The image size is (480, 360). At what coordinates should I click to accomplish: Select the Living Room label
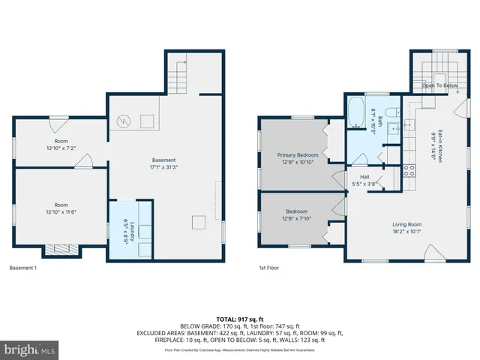(407, 224)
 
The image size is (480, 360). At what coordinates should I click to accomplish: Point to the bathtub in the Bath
(356, 113)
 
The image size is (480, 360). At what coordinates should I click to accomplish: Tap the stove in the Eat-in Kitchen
(409, 170)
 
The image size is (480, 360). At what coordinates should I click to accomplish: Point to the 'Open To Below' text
(439, 85)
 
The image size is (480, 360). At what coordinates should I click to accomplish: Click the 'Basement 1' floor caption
(23, 268)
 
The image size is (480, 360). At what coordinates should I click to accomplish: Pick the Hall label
(364, 177)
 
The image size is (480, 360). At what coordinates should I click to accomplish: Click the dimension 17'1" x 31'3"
(164, 166)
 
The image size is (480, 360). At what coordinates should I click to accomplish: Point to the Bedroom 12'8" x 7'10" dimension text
(297, 217)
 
